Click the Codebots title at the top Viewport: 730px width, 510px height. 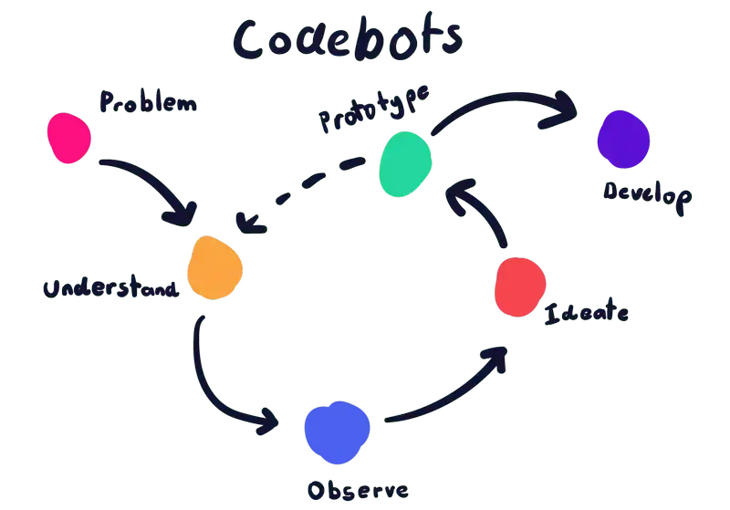tap(348, 38)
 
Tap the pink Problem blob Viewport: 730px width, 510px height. tap(69, 138)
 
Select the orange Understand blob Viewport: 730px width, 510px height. tap(214, 266)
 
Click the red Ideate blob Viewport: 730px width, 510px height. tap(520, 286)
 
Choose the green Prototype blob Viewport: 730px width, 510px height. tap(405, 163)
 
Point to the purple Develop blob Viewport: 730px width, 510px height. tap(623, 140)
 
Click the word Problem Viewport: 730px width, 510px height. tap(146, 102)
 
